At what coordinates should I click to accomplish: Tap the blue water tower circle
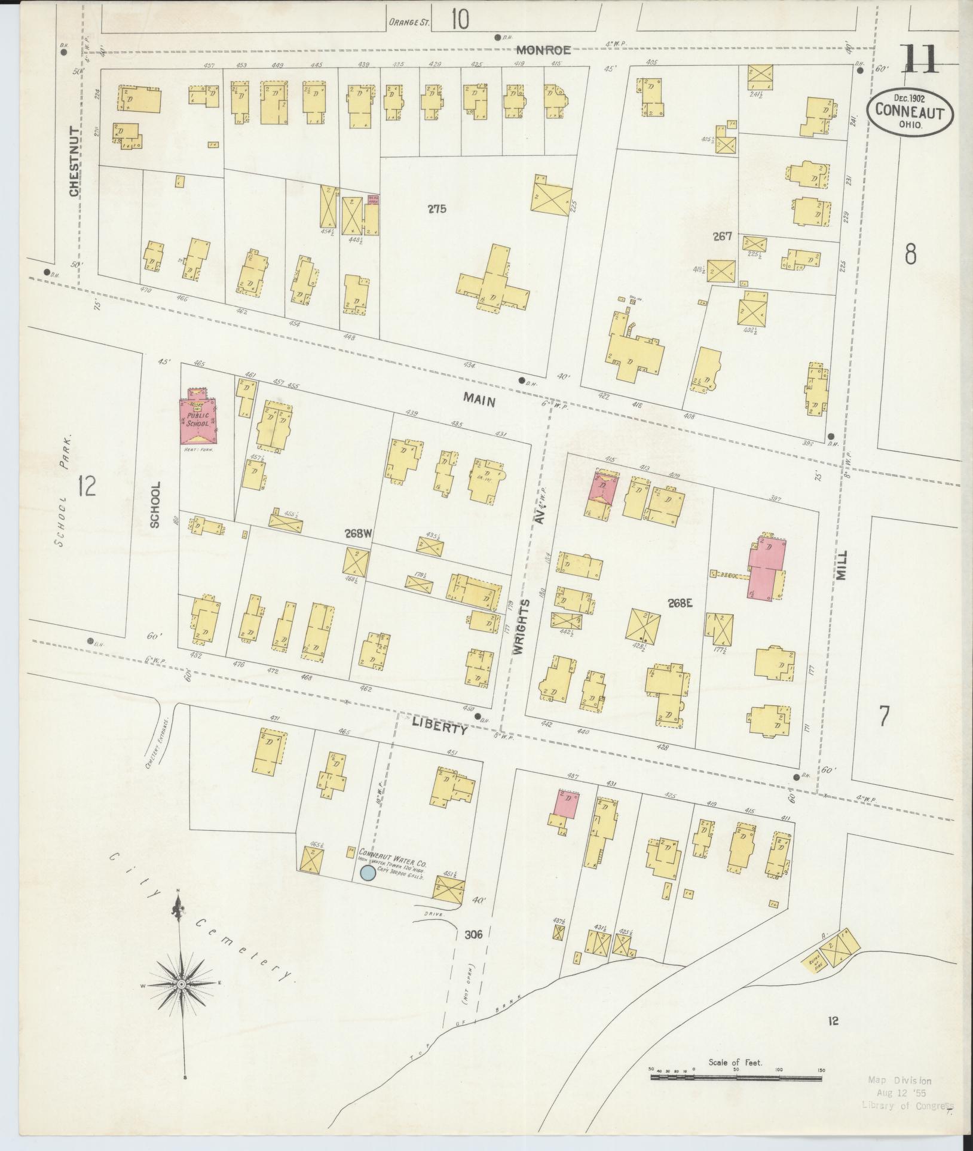coord(368,874)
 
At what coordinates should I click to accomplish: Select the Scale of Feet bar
coord(736,1078)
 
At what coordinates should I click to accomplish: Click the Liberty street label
coord(439,729)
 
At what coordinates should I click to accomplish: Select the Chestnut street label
coord(75,161)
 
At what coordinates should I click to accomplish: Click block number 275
coord(437,209)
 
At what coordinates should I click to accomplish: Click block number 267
coord(722,237)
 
